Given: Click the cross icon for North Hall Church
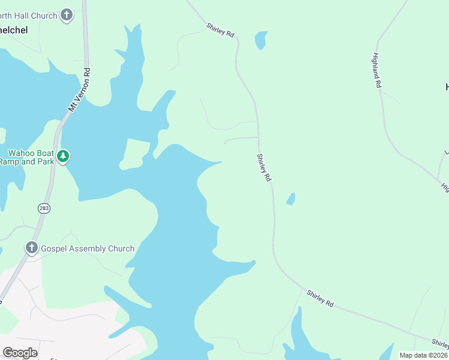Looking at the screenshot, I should tap(67, 15).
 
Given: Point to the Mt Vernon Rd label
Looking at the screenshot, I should tap(79, 89).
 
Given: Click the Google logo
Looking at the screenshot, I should tap(20, 353).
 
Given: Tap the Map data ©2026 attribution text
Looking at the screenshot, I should tap(423, 355).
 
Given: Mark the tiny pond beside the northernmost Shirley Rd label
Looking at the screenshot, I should tap(261, 40).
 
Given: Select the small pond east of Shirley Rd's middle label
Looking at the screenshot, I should tap(291, 199).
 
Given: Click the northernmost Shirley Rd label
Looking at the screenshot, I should tap(220, 31).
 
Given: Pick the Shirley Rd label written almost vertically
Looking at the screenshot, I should tap(264, 168).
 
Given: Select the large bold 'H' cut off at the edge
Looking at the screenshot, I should tap(446, 88).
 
